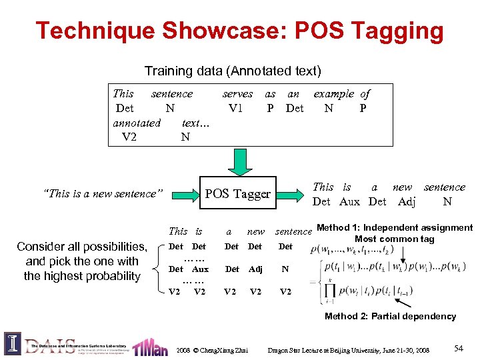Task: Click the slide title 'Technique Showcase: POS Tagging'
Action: point(239,31)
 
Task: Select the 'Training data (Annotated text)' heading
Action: point(233,71)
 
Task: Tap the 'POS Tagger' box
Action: point(237,194)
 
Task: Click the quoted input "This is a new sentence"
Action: point(102,194)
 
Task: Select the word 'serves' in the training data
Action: point(237,94)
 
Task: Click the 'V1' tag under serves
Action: point(236,108)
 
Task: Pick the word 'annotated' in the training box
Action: point(137,123)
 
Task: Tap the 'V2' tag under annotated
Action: point(129,137)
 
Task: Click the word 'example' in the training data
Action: point(334,94)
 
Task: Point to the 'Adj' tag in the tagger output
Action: point(406,201)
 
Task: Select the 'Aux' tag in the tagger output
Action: point(349,201)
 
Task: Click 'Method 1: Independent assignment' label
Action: point(395,228)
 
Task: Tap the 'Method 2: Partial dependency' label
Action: point(390,316)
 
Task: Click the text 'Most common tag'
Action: point(394,239)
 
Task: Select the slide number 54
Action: point(458,349)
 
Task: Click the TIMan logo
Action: point(150,347)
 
